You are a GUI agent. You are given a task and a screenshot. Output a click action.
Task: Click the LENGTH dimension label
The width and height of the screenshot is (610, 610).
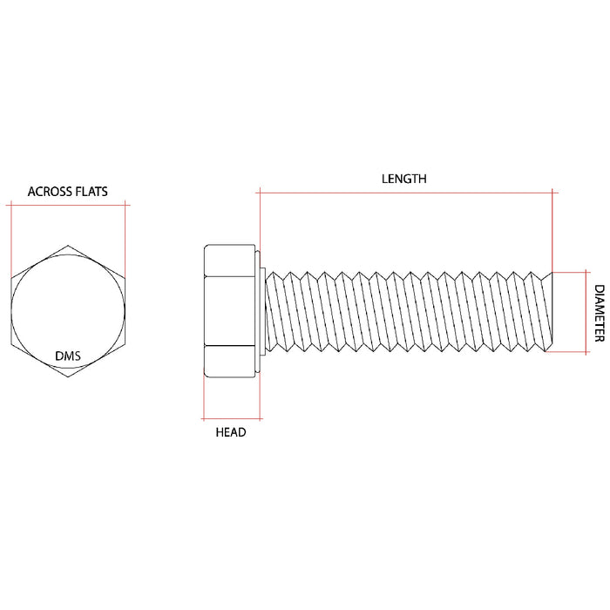404,179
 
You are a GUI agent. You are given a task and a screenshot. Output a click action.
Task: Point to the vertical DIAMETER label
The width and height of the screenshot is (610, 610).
600,313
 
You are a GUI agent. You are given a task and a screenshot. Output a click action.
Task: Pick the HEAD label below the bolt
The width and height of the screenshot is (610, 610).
231,432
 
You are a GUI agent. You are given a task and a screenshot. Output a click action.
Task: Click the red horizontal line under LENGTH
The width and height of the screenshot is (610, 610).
405,191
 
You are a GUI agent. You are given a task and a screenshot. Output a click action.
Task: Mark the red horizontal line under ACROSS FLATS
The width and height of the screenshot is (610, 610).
67,205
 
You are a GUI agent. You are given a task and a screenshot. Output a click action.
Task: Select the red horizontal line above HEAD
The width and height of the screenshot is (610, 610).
231,417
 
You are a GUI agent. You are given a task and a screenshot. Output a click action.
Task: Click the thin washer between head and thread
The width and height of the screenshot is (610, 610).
260,311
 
